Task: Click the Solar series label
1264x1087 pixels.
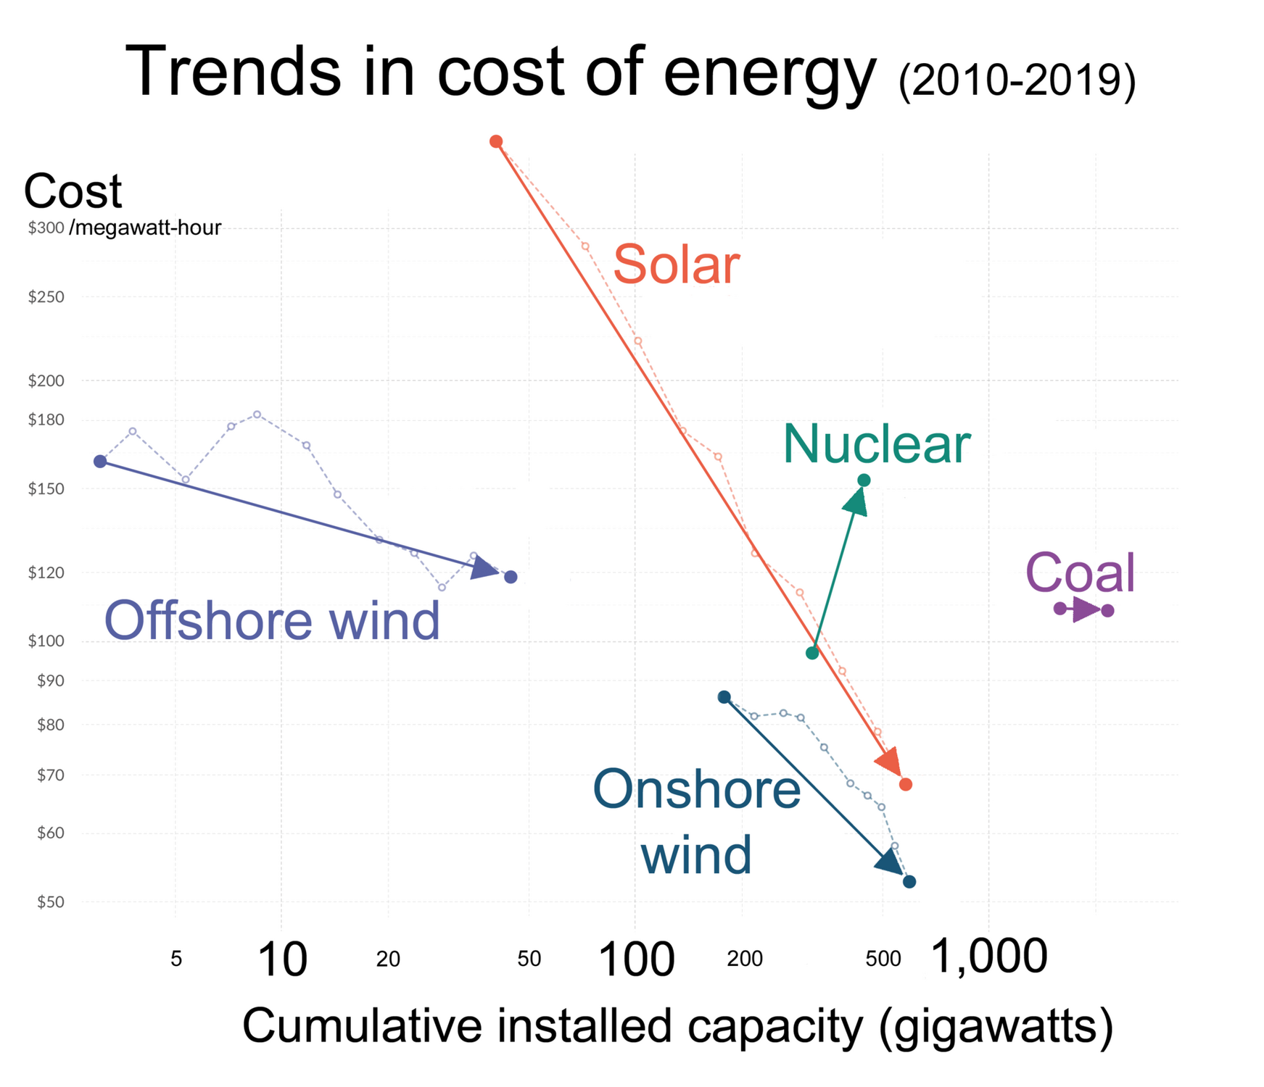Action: pyautogui.click(x=676, y=265)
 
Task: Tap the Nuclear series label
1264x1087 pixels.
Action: pyautogui.click(x=876, y=444)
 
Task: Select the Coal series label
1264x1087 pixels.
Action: pyautogui.click(x=1080, y=572)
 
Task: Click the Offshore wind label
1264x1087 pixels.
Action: pyautogui.click(x=272, y=621)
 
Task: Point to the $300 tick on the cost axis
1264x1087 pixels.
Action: pyautogui.click(x=46, y=228)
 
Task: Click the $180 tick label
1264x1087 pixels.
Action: pyautogui.click(x=46, y=420)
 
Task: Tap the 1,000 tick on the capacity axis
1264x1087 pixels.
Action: pyautogui.click(x=988, y=957)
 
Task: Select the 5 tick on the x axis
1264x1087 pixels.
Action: pyautogui.click(x=176, y=959)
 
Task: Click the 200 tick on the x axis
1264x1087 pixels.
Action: pyautogui.click(x=745, y=959)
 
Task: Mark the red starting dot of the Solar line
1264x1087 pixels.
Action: pyautogui.click(x=496, y=141)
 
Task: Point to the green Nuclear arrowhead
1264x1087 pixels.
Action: pyautogui.click(x=856, y=501)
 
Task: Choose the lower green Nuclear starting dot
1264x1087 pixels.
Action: pyautogui.click(x=812, y=653)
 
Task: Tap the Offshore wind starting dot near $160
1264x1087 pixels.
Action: pyautogui.click(x=100, y=462)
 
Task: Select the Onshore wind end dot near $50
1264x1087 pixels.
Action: pyautogui.click(x=909, y=882)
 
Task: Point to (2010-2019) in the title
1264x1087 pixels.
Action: pyautogui.click(x=1017, y=80)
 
